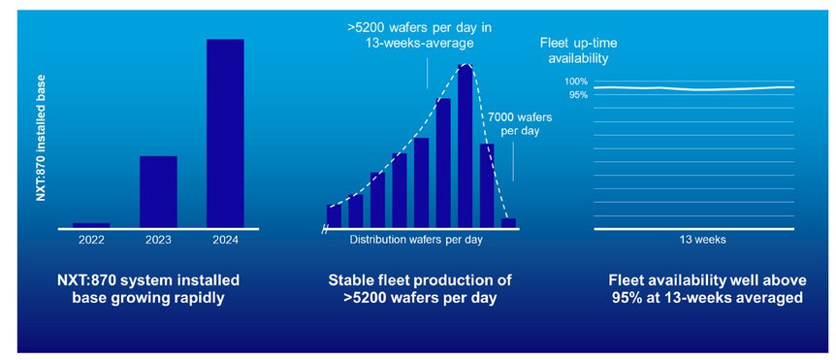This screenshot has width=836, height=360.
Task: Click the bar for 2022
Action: point(91,225)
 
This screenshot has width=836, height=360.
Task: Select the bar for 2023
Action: point(158,192)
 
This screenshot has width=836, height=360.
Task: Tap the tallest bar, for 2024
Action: point(225,133)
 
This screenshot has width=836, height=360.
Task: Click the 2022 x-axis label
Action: point(91,240)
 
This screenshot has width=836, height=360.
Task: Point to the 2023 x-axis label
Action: point(158,240)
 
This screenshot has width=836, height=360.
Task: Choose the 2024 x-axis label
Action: point(225,240)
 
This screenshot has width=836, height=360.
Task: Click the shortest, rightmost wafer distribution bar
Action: point(508,223)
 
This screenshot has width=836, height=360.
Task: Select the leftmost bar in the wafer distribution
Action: point(334,216)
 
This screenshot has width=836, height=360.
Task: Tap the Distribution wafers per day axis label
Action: point(416,240)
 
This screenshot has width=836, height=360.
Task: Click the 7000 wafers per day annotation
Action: point(513,122)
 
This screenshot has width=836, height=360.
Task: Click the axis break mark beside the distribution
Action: point(324,230)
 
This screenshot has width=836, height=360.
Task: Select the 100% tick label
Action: point(577,82)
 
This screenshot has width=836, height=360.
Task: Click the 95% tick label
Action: point(579,95)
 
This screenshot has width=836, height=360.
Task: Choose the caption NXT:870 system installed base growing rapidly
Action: point(148,289)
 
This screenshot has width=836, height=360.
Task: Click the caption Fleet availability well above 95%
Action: point(708,289)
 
